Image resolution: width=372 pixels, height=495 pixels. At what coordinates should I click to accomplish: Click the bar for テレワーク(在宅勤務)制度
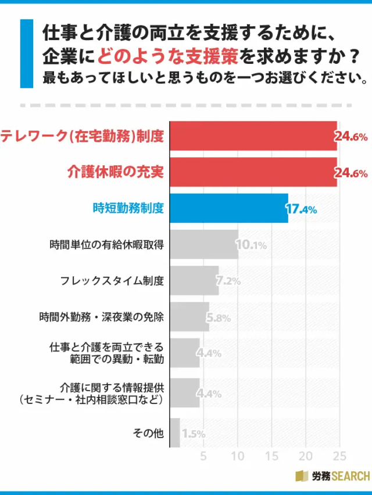[253, 136]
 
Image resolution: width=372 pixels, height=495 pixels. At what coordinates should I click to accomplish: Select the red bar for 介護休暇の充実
[253, 172]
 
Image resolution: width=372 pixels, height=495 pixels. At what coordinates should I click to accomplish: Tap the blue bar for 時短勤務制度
[228, 208]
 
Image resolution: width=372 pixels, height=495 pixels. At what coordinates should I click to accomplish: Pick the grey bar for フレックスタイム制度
[194, 281]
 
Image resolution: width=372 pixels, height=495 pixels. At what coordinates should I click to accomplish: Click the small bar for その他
[174, 433]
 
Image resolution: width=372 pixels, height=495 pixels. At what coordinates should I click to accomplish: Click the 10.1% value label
[252, 245]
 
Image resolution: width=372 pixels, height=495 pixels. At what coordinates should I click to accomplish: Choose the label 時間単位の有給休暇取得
[106, 245]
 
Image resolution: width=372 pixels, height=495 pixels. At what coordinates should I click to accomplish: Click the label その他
[149, 433]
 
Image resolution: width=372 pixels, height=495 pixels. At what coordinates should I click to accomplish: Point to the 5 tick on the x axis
[203, 456]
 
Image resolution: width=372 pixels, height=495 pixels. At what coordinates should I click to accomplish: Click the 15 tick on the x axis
[271, 456]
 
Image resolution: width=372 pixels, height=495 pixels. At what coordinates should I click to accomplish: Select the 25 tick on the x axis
[339, 456]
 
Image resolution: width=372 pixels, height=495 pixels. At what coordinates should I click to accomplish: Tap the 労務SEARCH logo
[332, 476]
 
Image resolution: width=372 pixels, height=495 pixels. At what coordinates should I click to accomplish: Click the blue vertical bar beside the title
[27, 53]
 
